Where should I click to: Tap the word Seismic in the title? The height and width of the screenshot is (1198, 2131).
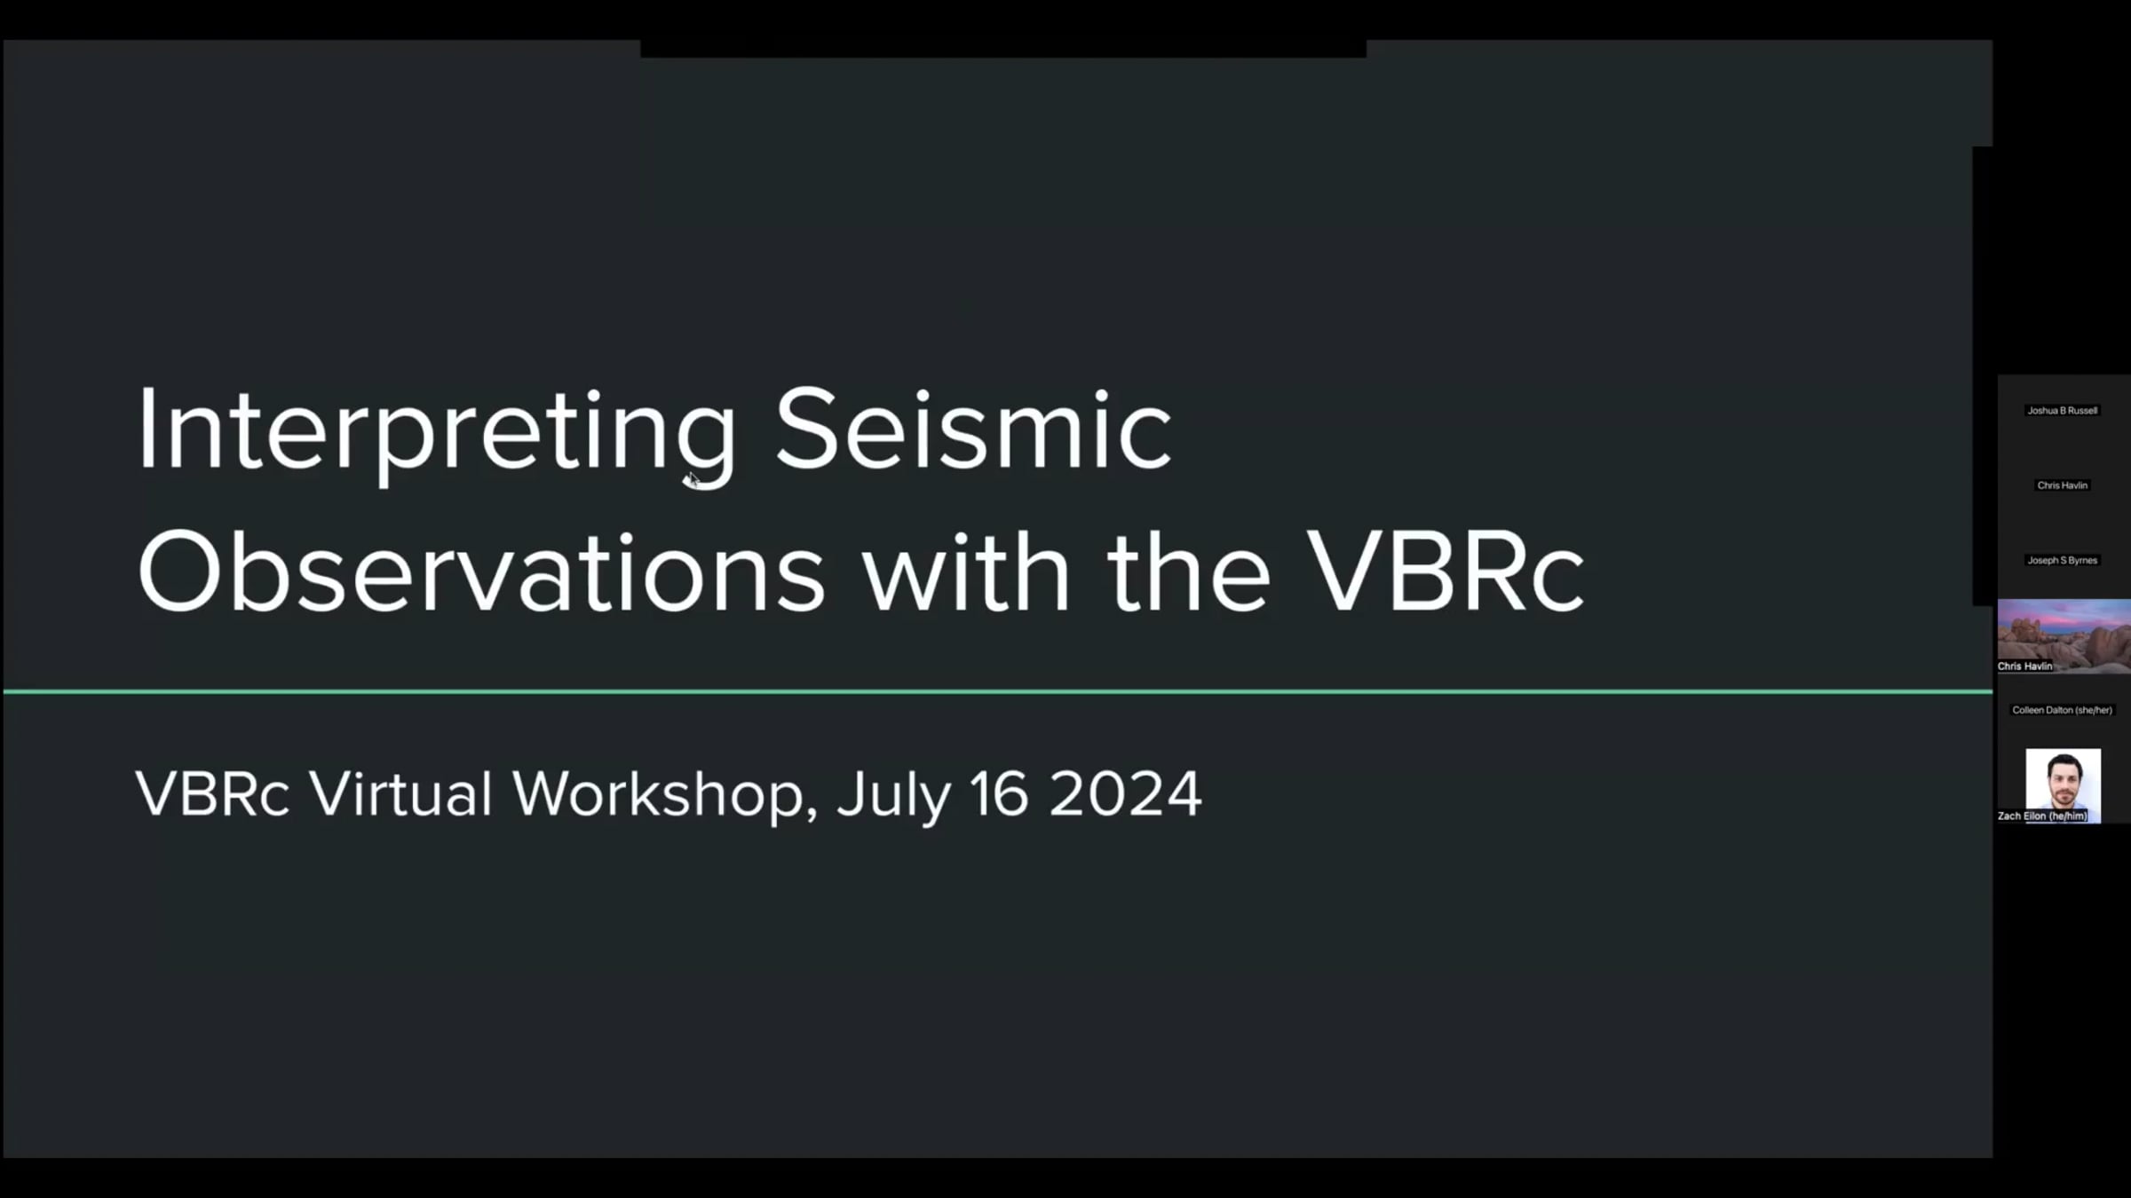(974, 428)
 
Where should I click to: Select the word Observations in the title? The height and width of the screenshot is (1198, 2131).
(481, 571)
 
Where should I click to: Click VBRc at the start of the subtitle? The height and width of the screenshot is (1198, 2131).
(212, 793)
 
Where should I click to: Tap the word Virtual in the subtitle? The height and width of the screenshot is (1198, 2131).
(401, 792)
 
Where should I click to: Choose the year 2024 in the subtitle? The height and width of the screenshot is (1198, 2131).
(1125, 793)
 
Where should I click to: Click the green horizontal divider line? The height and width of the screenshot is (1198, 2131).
(998, 690)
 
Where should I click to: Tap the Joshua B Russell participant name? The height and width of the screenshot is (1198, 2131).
(2062, 411)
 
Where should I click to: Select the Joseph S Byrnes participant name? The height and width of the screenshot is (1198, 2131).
(2062, 561)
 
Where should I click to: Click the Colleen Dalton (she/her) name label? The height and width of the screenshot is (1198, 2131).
(2062, 710)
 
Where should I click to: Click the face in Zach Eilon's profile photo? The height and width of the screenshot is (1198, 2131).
(2064, 780)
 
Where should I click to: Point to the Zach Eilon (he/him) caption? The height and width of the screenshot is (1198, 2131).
(2042, 816)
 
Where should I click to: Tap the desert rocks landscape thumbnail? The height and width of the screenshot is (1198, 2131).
(2064, 635)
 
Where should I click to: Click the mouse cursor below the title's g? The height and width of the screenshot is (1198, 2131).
(693, 480)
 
